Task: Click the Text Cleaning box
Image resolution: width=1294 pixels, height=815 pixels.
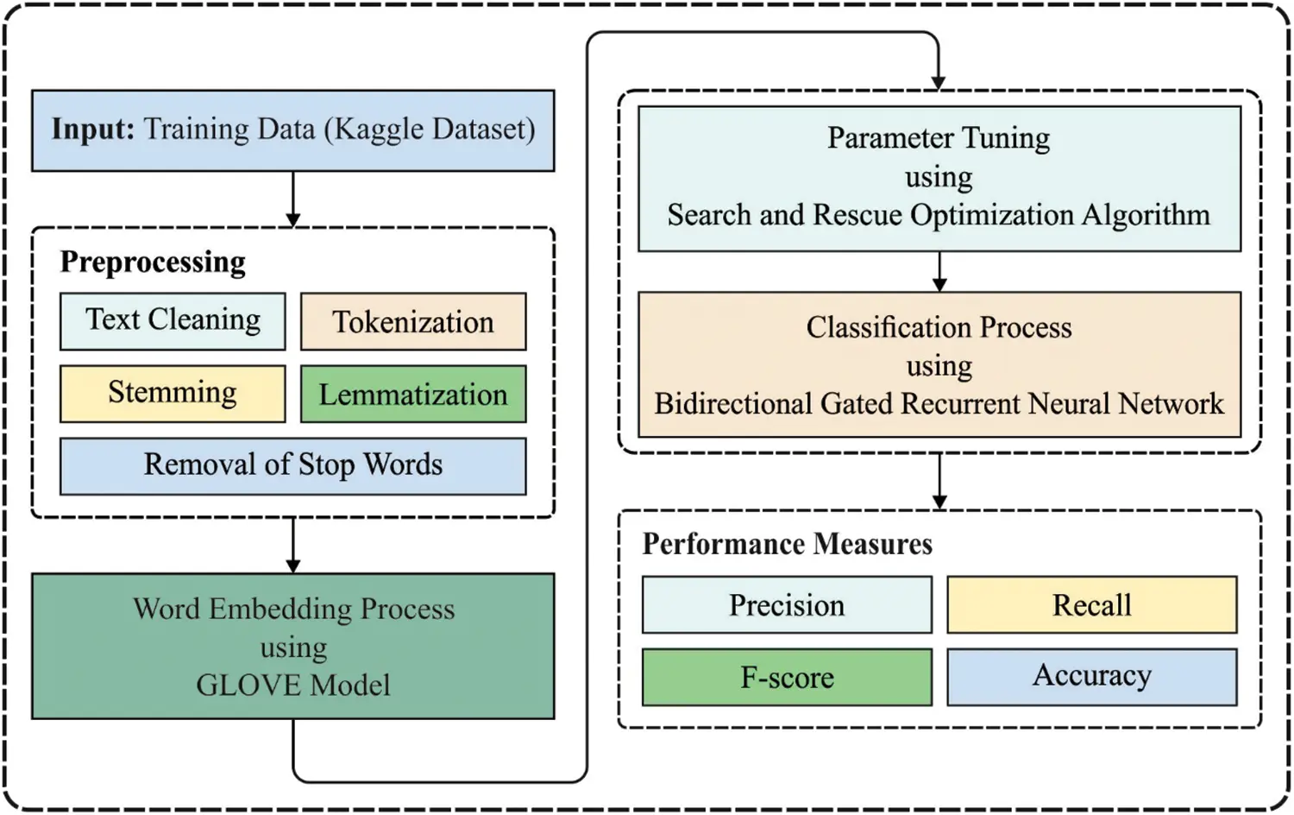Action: (173, 321)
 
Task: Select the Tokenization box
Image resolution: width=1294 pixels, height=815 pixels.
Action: (413, 321)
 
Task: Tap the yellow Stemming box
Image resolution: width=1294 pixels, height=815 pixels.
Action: (173, 394)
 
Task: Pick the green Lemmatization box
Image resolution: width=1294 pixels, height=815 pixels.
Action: (413, 394)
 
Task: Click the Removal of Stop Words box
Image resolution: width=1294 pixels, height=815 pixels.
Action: (292, 466)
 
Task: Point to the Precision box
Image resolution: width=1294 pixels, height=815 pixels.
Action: (787, 605)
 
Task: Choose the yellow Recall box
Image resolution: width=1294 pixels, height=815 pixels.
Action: (1091, 605)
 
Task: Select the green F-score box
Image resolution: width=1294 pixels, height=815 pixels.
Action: (787, 678)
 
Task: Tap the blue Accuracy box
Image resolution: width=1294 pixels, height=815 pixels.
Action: (1091, 677)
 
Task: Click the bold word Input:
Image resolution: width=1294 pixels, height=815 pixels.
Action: (93, 130)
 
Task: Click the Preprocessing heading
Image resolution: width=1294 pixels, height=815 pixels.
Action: (153, 262)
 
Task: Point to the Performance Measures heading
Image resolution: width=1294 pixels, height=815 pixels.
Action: (787, 544)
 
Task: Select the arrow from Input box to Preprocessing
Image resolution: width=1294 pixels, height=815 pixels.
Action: (293, 199)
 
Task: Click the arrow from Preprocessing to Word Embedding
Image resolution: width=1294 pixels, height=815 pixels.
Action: (293, 546)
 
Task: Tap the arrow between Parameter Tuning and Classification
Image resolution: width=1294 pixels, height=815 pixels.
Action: (939, 272)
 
